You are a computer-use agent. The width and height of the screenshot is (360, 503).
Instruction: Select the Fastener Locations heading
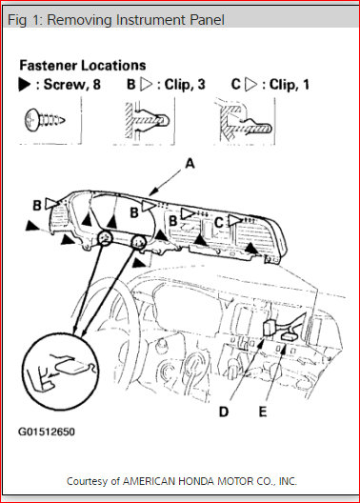coord(83,67)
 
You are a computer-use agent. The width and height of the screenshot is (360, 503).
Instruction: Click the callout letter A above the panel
coord(189,163)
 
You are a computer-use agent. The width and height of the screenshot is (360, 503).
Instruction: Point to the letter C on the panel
coord(218,222)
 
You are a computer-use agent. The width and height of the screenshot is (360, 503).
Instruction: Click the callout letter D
coord(224,411)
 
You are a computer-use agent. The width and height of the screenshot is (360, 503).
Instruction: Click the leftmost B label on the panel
coord(36,204)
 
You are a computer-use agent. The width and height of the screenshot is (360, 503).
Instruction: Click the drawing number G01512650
coord(47,432)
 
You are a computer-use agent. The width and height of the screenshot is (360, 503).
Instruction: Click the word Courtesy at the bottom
coord(89,481)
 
